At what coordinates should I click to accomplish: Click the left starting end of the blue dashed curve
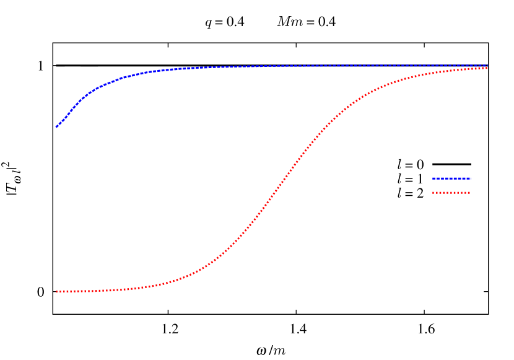56,126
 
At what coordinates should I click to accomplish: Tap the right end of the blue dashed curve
487,65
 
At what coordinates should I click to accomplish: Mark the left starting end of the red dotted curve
56,291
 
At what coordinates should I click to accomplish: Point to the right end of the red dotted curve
487,68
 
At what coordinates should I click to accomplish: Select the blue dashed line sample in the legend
451,178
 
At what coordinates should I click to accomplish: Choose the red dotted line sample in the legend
451,193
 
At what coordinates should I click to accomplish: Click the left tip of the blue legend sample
433,178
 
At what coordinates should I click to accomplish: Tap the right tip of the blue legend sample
471,178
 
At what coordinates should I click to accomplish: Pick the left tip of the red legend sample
433,193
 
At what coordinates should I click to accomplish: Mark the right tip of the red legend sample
471,193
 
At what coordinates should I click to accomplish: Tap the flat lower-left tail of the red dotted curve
93,291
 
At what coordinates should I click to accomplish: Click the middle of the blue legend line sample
451,178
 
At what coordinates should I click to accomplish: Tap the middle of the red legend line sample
451,193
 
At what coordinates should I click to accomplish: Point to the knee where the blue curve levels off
111,81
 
